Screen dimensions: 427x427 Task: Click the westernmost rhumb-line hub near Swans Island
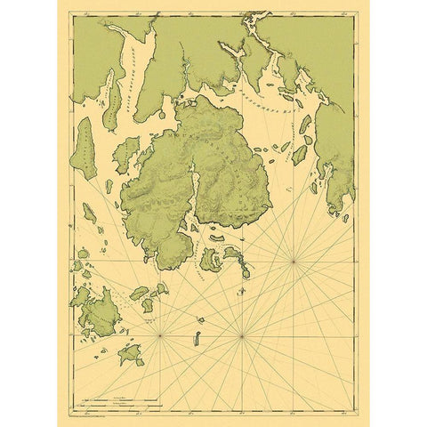(160, 336)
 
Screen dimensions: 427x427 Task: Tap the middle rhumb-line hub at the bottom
(241, 336)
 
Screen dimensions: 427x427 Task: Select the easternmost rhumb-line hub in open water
(294, 261)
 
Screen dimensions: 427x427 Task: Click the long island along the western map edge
(85, 149)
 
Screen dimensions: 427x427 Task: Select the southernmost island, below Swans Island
(132, 355)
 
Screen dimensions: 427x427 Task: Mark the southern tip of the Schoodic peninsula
(342, 213)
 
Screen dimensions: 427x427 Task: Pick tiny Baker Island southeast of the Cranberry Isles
(246, 272)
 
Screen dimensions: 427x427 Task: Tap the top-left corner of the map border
(72, 12)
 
